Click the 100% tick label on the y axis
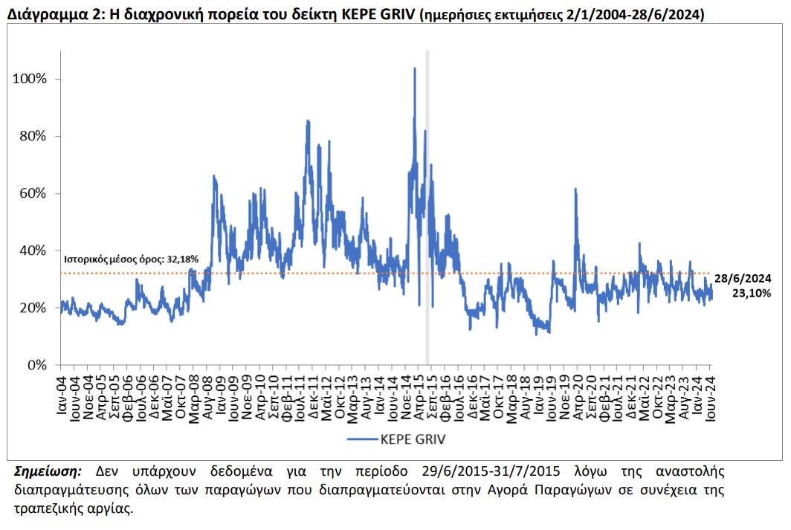[x=29, y=79]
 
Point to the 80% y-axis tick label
[x=33, y=136]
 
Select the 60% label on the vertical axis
[x=33, y=193]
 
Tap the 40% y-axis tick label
[x=33, y=251]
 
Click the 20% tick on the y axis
[x=33, y=308]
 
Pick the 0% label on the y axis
[x=37, y=365]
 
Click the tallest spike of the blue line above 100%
[x=415, y=68]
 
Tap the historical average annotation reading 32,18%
[x=131, y=259]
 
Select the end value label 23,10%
[x=752, y=293]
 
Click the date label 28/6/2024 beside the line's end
[x=743, y=278]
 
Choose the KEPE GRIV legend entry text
[x=413, y=440]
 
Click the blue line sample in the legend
[x=363, y=440]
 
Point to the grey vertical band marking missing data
[x=427, y=207]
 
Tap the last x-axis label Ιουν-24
[x=711, y=398]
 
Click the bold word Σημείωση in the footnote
[x=48, y=471]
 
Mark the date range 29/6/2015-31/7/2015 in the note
[x=491, y=471]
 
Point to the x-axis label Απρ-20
[x=578, y=398]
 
